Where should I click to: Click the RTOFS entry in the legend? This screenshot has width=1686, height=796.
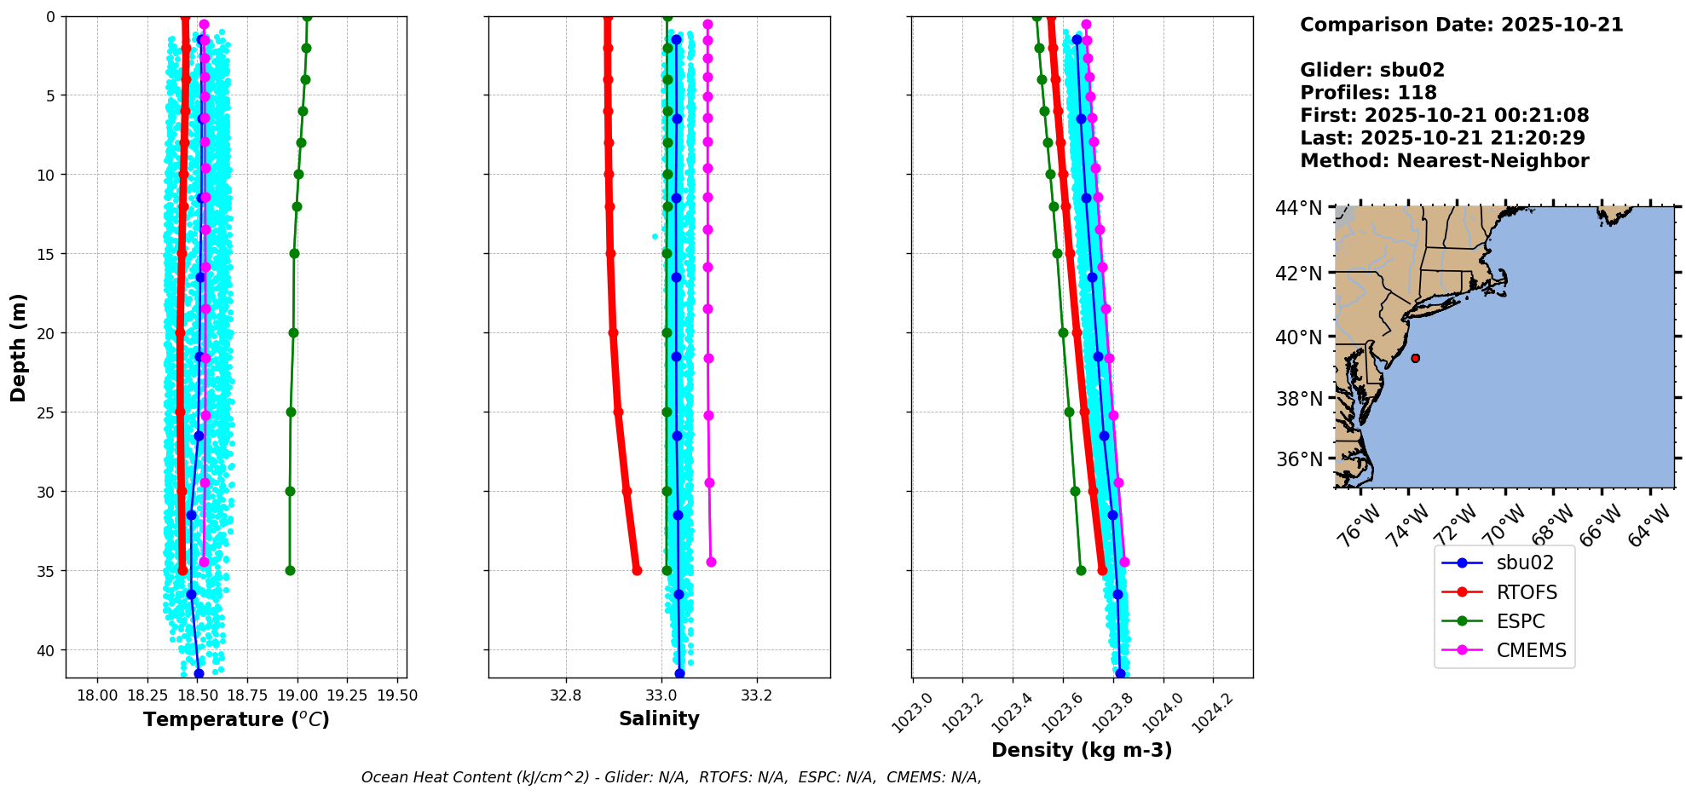tap(1526, 592)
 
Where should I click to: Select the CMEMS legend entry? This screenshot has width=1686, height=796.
tap(1531, 650)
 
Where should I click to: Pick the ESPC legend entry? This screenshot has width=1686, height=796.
tap(1521, 621)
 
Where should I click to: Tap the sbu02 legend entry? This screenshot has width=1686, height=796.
tap(1525, 562)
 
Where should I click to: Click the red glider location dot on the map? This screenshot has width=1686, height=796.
tap(1415, 358)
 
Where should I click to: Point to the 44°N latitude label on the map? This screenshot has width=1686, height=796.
tap(1298, 208)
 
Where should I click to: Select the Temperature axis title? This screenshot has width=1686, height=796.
tap(236, 719)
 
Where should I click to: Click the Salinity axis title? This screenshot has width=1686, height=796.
tap(659, 718)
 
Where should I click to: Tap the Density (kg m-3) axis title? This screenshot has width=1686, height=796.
tap(1082, 750)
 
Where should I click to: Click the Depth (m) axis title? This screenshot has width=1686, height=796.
tap(18, 347)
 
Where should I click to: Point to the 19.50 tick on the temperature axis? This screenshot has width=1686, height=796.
tap(397, 695)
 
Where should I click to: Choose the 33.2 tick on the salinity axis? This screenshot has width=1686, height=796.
tap(756, 695)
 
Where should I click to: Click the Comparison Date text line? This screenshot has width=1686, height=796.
tap(1461, 25)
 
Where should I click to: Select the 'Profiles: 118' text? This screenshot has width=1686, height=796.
tap(1368, 93)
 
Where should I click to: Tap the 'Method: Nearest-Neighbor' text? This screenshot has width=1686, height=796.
tap(1444, 161)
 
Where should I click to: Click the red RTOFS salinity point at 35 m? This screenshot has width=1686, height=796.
tap(637, 570)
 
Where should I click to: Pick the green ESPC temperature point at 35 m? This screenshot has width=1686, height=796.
tap(290, 570)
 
